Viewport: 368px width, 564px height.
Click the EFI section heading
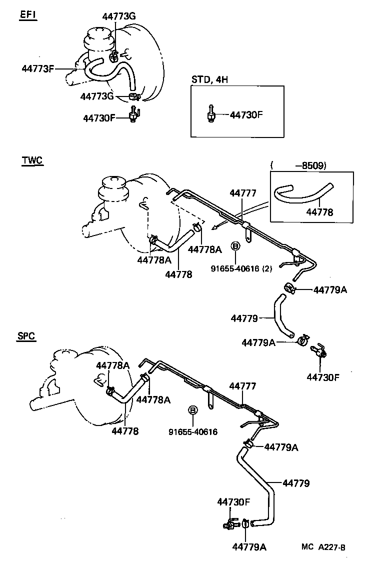coord(28,14)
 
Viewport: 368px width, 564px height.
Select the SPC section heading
coord(25,336)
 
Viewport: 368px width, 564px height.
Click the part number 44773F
coord(38,68)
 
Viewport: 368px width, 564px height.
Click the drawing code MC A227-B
coord(323,547)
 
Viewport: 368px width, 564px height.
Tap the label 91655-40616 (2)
coord(241,268)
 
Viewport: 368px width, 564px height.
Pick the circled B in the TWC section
coord(235,246)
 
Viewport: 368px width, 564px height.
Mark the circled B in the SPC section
coord(192,410)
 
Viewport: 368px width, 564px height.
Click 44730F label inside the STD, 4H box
coord(246,114)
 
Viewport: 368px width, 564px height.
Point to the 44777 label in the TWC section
coord(243,193)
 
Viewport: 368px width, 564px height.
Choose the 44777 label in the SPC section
coord(243,386)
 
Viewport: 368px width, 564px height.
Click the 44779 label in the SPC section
coord(296,483)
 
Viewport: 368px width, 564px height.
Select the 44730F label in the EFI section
coord(99,118)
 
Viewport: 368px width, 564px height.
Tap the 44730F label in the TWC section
coord(323,376)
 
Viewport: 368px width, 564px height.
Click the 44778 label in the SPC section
coord(124,430)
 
